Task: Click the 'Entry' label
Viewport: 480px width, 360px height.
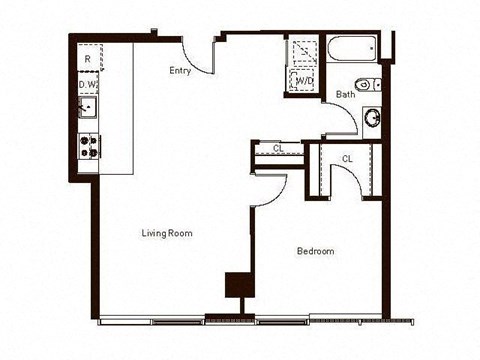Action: click(181, 70)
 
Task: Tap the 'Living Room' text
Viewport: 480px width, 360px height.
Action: click(166, 233)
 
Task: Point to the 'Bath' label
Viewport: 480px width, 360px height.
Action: click(345, 95)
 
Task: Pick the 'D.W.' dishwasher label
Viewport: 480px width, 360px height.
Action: click(88, 85)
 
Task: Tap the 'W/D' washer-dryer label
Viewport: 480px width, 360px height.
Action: click(301, 81)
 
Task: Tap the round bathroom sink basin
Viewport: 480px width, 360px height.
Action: click(371, 117)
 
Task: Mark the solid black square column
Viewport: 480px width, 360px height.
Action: click(237, 284)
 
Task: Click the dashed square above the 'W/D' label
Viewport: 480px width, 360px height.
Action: click(301, 51)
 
